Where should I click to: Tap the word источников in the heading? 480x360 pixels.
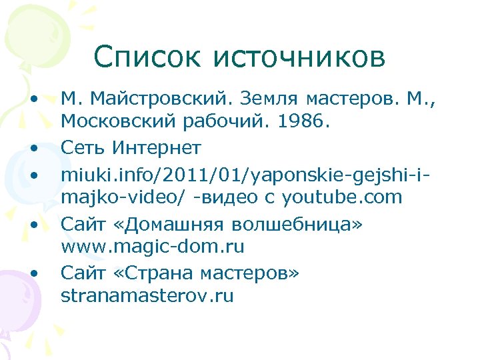click(x=299, y=57)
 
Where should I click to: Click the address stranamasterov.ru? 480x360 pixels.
click(x=147, y=296)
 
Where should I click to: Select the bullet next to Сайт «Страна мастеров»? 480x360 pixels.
click(x=33, y=273)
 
